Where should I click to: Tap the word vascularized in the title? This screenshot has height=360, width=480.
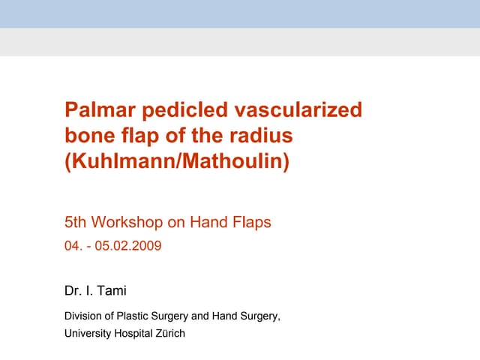[298, 111]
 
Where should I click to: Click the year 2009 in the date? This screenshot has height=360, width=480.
[146, 245]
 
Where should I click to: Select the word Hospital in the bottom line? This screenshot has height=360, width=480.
[136, 333]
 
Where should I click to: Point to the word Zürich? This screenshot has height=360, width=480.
[170, 333]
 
